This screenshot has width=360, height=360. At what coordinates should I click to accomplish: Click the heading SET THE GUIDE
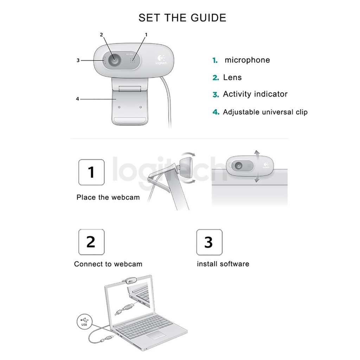point(182,18)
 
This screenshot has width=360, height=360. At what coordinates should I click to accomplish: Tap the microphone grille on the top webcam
point(133,60)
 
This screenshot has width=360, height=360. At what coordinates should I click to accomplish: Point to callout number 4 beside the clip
point(78,99)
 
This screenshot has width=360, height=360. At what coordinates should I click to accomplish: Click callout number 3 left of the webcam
point(78,60)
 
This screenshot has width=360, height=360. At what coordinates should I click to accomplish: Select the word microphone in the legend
point(247,60)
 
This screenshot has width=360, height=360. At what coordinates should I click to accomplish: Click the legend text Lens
point(232,77)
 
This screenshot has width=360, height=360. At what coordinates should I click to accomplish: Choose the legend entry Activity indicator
point(255,94)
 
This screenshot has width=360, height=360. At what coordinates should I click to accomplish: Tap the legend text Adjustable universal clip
point(265,112)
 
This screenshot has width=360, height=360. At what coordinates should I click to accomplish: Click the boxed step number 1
point(91,172)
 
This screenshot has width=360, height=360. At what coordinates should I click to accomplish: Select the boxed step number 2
point(91,242)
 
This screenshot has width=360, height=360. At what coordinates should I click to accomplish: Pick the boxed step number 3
point(209,242)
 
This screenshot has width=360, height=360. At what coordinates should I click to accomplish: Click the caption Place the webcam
point(108,198)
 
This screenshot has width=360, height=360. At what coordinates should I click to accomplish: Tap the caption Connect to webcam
point(108,264)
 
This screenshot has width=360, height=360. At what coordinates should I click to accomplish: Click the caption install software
point(223,264)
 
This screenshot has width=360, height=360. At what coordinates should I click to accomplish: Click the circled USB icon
point(84,322)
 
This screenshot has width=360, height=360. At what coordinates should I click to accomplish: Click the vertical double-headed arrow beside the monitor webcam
point(257,166)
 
